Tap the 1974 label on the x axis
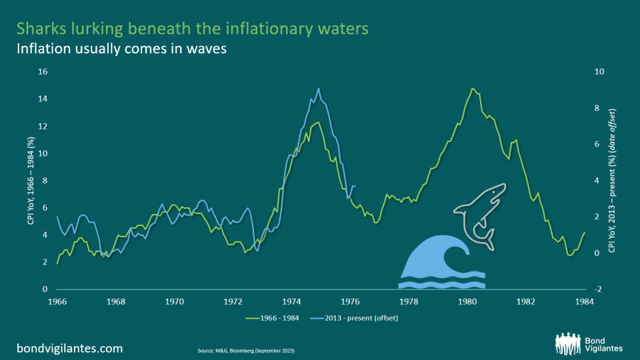click(x=292, y=301)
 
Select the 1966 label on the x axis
click(x=57, y=301)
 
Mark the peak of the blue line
click(x=319, y=88)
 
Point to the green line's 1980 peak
click(x=473, y=88)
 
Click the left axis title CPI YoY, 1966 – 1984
click(x=31, y=180)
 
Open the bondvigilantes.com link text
click(x=69, y=348)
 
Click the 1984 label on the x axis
click(x=585, y=301)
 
